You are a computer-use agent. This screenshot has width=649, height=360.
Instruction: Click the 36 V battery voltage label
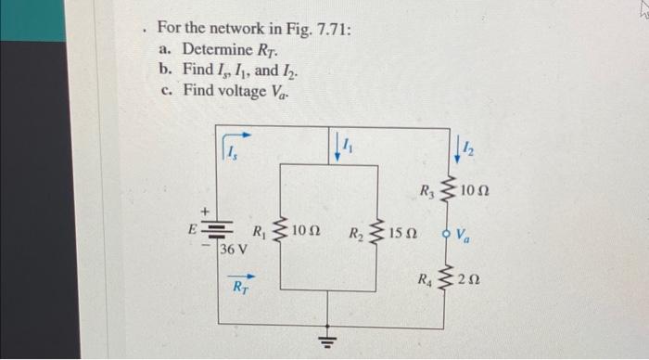[x=235, y=249]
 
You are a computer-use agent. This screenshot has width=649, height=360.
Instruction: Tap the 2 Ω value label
[x=472, y=276]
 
